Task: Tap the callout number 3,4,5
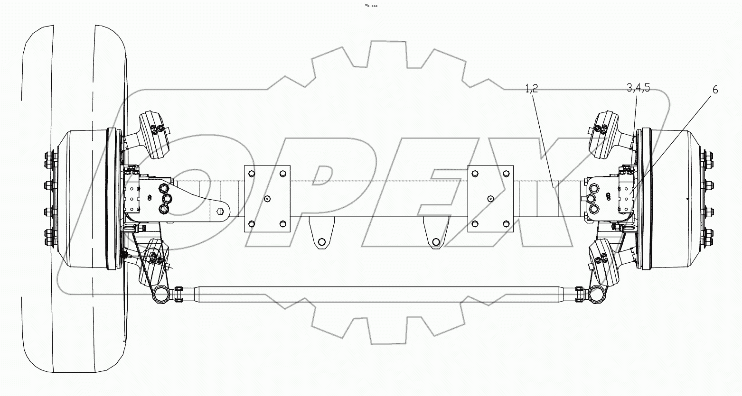pos(638,88)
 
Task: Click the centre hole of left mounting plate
pos(267,199)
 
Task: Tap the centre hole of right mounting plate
pos(491,199)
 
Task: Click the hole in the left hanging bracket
pos(322,242)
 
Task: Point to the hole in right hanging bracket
pos(435,242)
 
